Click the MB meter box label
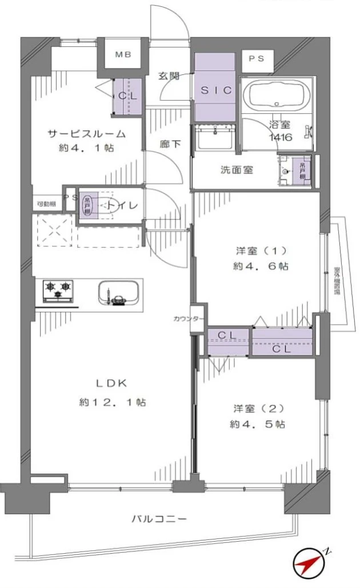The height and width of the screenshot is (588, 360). (123, 55)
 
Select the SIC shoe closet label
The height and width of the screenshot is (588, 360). (215, 90)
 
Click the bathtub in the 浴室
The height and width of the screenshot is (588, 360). (277, 94)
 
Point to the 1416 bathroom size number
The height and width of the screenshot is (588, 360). (281, 137)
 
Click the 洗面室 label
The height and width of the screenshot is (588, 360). (233, 170)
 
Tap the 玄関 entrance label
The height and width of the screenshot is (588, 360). (169, 76)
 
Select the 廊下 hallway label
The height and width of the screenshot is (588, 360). (170, 144)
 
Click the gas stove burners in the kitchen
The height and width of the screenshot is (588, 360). (58, 290)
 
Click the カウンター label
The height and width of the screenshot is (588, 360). (187, 319)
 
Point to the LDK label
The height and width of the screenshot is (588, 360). (107, 383)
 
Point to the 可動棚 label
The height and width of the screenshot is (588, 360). (46, 204)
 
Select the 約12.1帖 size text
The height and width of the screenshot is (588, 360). (113, 402)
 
